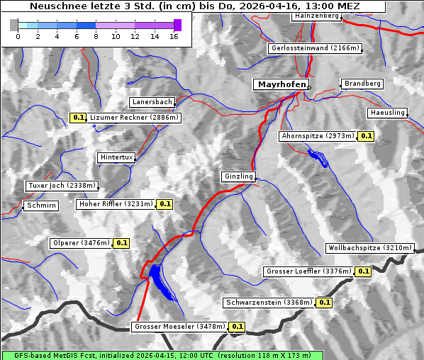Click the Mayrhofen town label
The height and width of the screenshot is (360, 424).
(281, 84)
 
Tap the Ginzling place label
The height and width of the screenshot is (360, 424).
(238, 176)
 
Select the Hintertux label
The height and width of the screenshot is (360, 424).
(116, 157)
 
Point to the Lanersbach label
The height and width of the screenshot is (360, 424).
(152, 102)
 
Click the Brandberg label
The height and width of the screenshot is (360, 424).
(362, 84)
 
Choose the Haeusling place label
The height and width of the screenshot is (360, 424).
(387, 113)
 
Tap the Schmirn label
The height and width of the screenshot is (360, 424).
(40, 206)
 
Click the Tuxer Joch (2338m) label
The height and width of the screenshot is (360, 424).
(62, 186)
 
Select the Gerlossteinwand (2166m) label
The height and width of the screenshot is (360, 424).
(316, 48)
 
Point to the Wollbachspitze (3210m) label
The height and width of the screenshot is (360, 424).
(369, 248)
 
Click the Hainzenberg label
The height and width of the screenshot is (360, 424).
(316, 16)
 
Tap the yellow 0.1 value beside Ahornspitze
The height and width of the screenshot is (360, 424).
(366, 135)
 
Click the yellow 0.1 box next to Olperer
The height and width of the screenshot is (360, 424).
(121, 243)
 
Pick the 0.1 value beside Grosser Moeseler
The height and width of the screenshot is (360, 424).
(237, 327)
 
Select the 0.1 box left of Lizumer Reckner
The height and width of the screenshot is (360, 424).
(78, 118)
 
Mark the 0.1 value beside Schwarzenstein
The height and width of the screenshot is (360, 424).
(324, 303)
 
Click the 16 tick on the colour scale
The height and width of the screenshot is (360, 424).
(174, 36)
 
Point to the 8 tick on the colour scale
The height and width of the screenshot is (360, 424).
(96, 36)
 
